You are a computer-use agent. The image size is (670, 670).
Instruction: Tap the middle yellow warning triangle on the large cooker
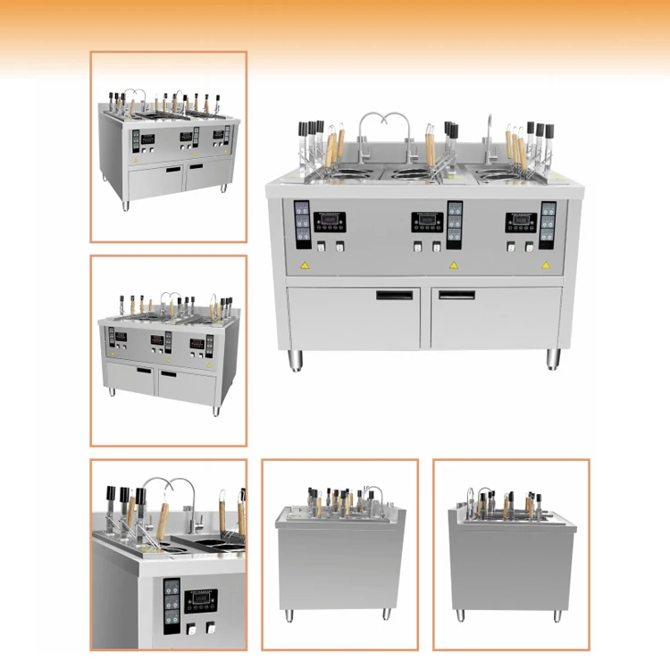coord(453,265)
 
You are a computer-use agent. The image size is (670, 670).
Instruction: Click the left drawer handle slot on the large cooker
coord(397,294)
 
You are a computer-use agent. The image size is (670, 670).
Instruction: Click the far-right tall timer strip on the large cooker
coord(549,225)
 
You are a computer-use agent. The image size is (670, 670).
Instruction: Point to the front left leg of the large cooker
coord(296,360)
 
